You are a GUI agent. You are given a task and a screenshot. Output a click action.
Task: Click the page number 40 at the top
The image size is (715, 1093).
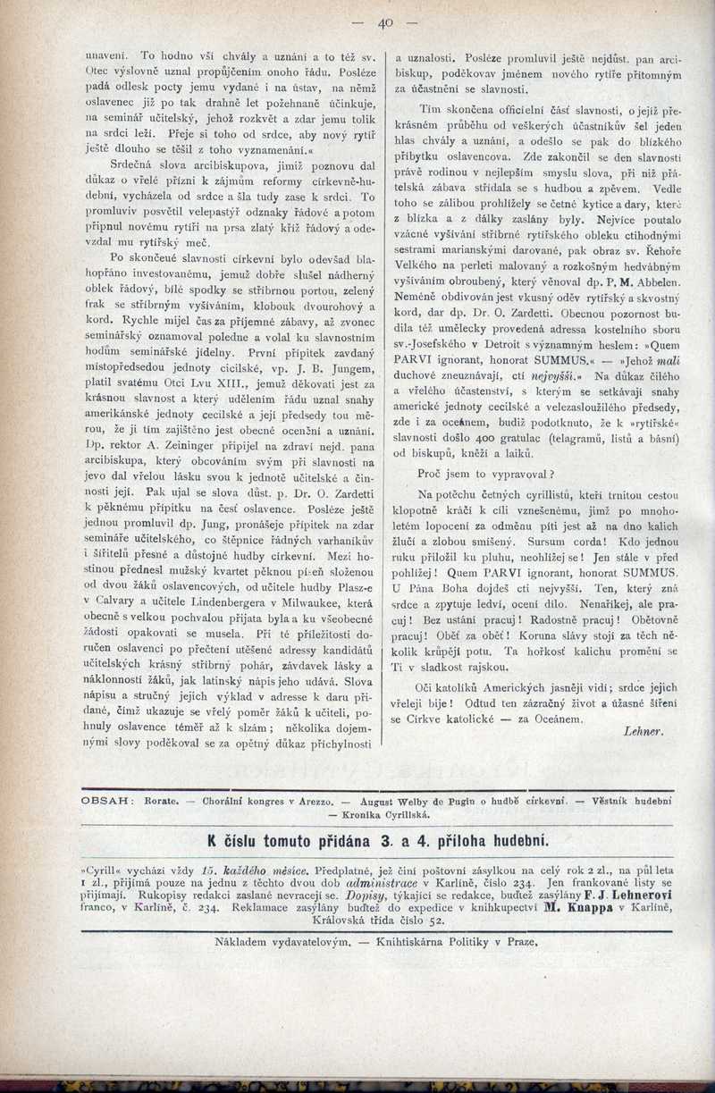(385, 23)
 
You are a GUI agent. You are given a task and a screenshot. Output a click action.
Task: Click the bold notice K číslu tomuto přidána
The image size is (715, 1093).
(290, 840)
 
